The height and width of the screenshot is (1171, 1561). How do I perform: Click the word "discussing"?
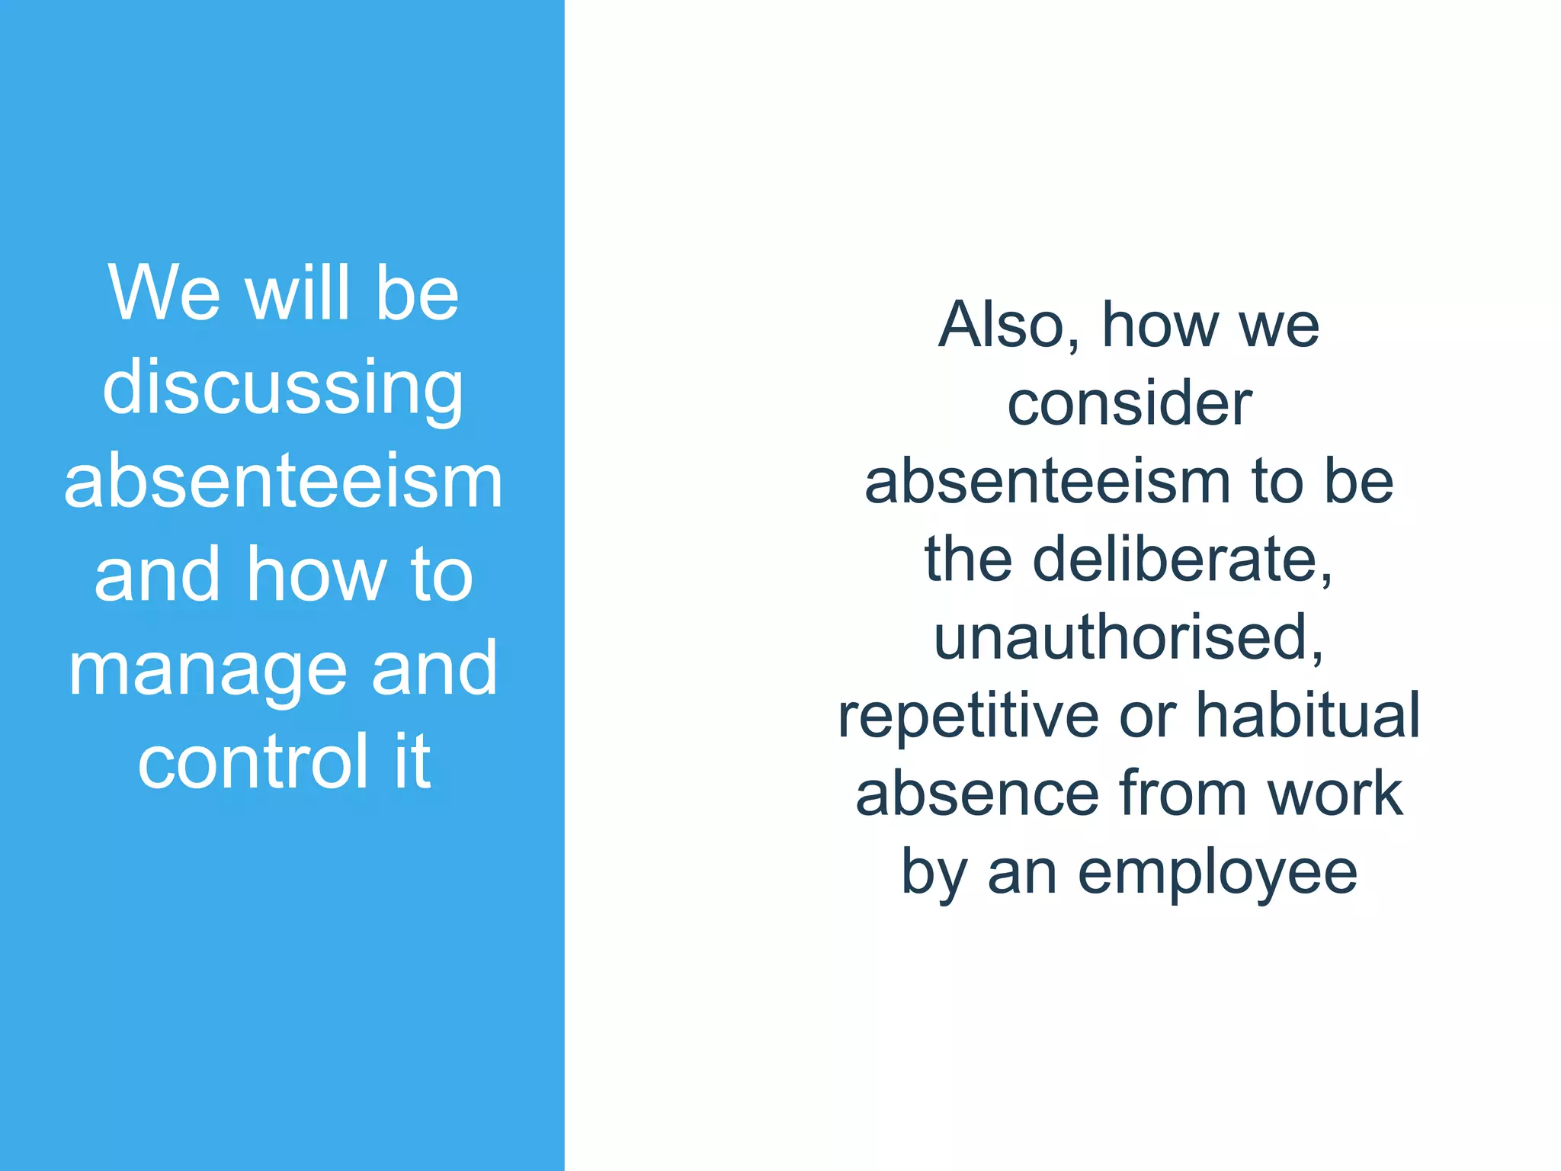point(283,388)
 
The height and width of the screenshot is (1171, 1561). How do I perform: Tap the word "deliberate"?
point(1181,560)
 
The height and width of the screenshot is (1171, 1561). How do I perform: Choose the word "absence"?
point(978,794)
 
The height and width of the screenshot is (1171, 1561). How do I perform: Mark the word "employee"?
point(1217,874)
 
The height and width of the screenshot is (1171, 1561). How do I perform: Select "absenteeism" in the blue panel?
point(284,483)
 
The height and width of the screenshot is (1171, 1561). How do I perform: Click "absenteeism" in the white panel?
point(1047,482)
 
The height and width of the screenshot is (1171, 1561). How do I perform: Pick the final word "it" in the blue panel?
point(412,762)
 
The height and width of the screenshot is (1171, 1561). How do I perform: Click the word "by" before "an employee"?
point(934,874)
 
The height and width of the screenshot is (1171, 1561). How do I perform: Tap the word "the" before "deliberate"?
point(968,560)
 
